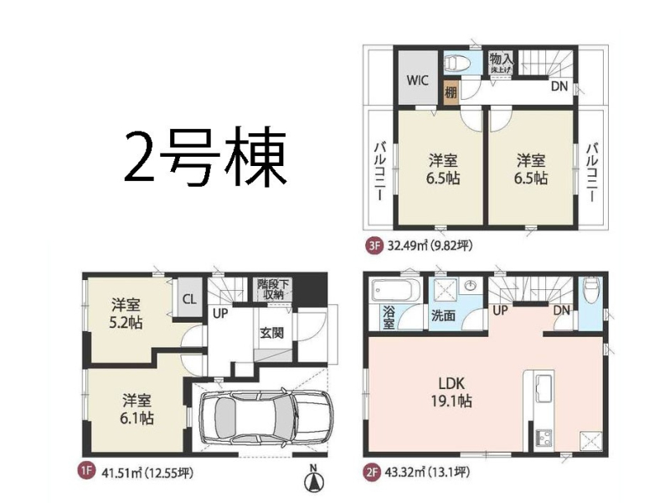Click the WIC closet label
(417, 80)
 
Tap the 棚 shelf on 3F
(451, 92)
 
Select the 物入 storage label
(501, 59)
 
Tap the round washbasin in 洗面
(471, 285)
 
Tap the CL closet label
(189, 298)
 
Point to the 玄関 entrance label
(272, 332)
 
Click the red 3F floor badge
(374, 246)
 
